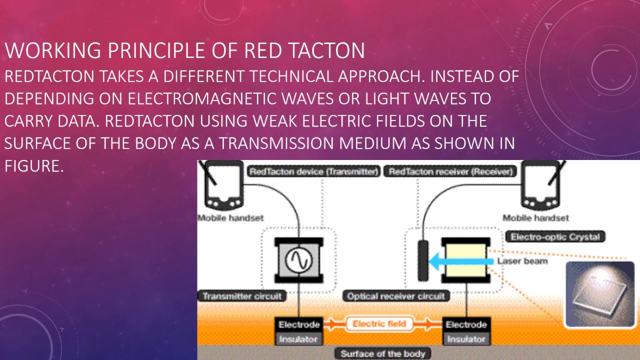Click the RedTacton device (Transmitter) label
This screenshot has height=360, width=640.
[313, 172]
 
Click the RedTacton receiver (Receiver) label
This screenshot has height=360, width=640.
[450, 172]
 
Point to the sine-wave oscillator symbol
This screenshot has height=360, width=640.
[298, 259]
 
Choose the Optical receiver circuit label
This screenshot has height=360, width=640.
[395, 296]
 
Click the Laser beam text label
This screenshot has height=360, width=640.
[522, 261]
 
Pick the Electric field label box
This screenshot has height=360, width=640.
[379, 324]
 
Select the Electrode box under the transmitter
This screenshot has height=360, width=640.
[298, 324]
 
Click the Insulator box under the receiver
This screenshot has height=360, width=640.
[466, 339]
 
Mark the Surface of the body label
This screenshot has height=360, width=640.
[382, 353]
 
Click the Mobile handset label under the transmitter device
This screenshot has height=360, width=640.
[230, 218]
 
